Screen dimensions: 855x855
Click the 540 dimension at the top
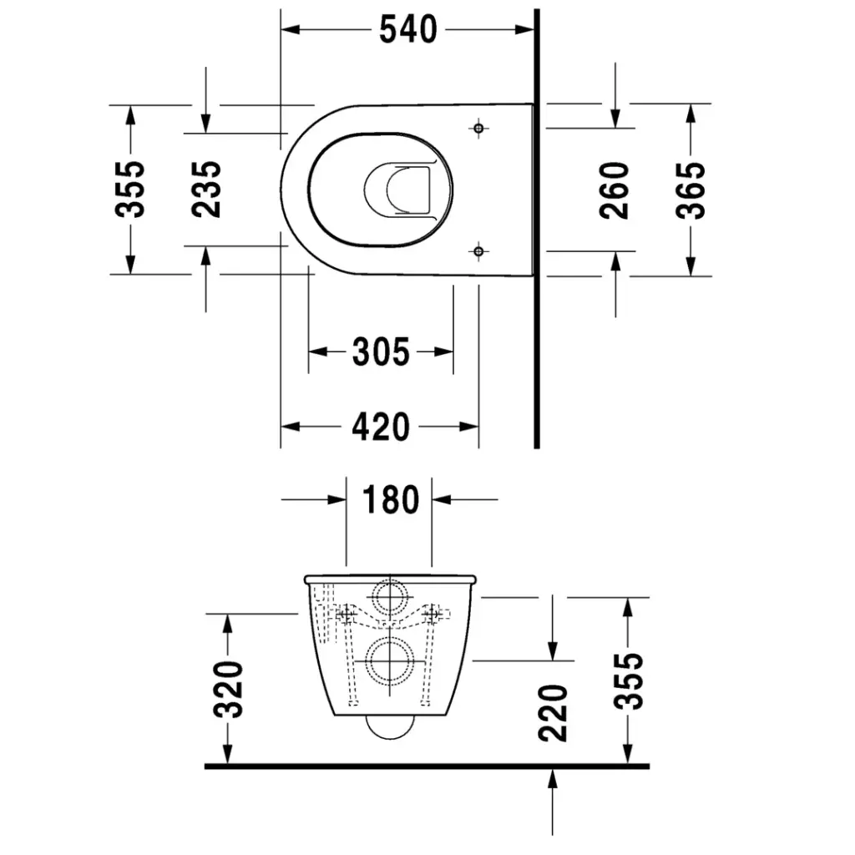click(407, 30)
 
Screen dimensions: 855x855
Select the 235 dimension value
click(207, 190)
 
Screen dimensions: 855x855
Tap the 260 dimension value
click(615, 190)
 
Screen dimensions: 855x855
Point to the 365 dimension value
click(691, 190)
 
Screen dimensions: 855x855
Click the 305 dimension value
click(381, 352)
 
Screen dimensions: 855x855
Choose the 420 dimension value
click(381, 427)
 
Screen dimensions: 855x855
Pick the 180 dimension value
click(391, 499)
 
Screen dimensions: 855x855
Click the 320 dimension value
click(228, 689)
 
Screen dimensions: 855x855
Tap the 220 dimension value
click(553, 713)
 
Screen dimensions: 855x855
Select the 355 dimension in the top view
click(130, 190)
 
